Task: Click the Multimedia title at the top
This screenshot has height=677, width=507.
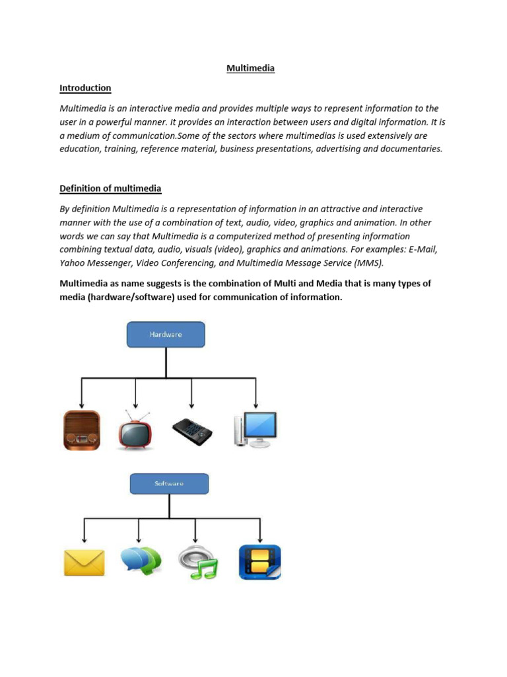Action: click(251, 68)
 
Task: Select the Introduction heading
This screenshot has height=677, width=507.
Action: click(85, 88)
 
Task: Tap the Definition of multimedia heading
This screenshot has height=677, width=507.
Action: click(110, 188)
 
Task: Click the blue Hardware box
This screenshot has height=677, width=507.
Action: click(166, 335)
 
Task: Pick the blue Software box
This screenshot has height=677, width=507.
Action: click(169, 484)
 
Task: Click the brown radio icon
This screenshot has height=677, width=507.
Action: click(82, 430)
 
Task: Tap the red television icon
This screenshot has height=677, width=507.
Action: click(135, 430)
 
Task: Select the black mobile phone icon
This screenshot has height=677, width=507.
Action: click(192, 430)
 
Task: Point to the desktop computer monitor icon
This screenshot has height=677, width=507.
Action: click(255, 430)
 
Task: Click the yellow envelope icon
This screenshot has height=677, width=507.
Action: click(84, 563)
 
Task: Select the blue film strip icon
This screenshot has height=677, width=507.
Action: click(259, 562)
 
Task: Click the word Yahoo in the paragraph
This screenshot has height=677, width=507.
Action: click(74, 262)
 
